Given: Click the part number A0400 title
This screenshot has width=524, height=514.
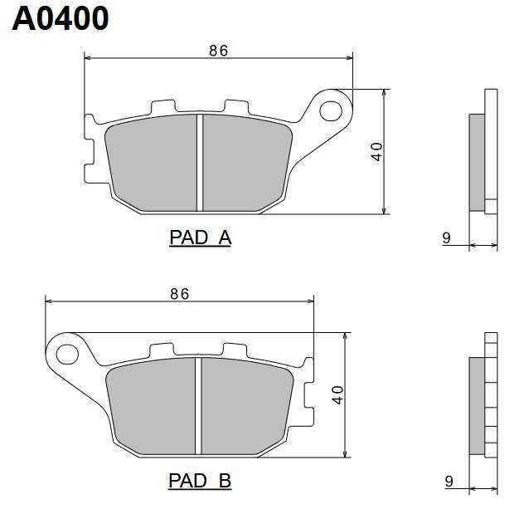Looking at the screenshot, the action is pyautogui.click(x=61, y=19).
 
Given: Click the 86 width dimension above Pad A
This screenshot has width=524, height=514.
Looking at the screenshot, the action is pyautogui.click(x=219, y=51).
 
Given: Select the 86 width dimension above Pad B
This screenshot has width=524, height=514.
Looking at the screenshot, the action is pyautogui.click(x=179, y=294).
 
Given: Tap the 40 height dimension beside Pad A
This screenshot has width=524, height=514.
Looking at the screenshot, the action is pyautogui.click(x=377, y=152).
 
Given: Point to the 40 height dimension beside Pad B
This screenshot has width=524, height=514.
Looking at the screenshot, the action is pyautogui.click(x=338, y=395).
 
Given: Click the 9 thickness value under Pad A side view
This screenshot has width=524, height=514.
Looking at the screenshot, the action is pyautogui.click(x=446, y=238).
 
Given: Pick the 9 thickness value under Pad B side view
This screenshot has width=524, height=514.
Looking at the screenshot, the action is pyautogui.click(x=449, y=482).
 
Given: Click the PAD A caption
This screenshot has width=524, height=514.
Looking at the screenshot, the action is pyautogui.click(x=200, y=237).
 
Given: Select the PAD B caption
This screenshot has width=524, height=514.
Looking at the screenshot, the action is pyautogui.click(x=200, y=481).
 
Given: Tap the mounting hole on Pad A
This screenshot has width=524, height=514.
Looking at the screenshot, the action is pyautogui.click(x=331, y=110).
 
